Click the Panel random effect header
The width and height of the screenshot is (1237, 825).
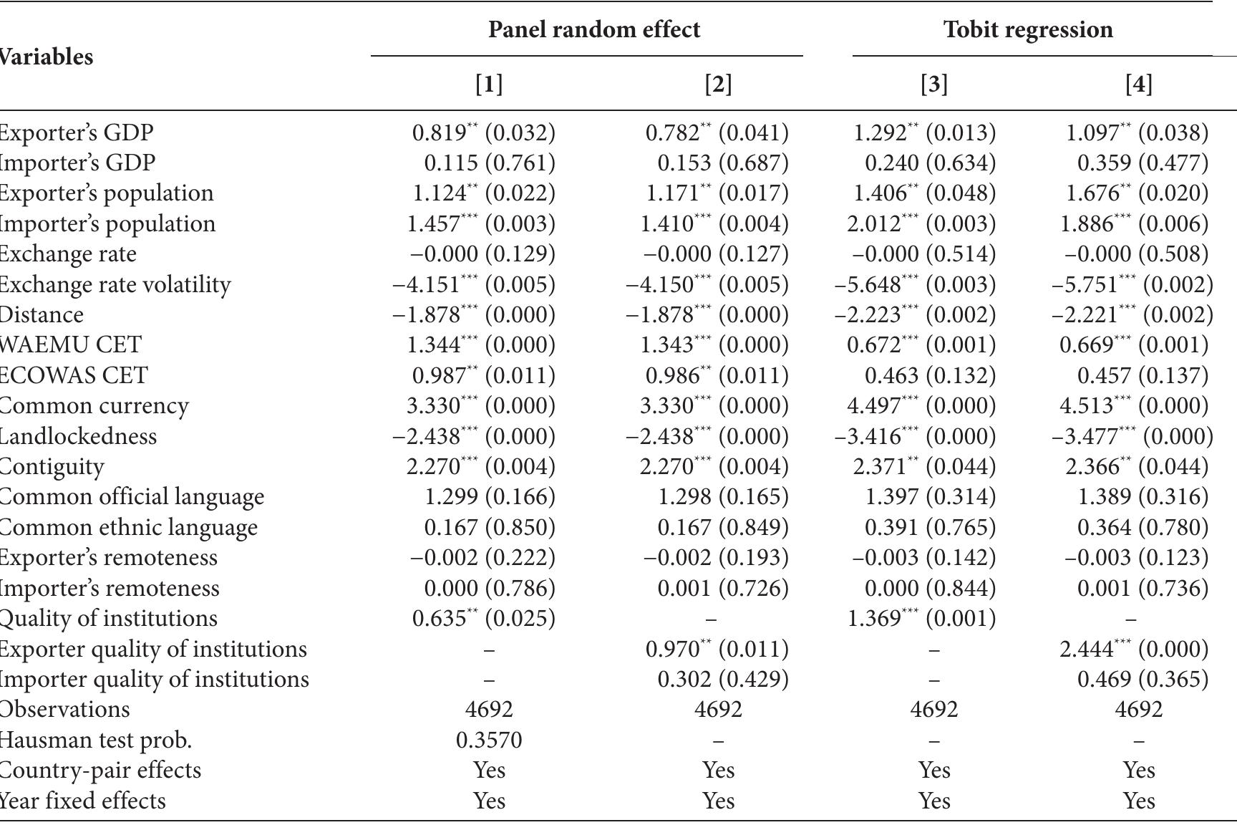[593, 29]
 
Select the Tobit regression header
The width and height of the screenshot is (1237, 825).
[1027, 29]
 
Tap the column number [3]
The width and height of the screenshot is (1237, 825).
[933, 85]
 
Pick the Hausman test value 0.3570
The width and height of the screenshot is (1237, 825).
[489, 740]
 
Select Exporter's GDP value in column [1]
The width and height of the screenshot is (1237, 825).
[483, 132]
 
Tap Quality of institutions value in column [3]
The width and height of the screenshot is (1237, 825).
[921, 618]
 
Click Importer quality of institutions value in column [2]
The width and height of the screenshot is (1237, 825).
[722, 679]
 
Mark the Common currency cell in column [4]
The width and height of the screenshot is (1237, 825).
[1134, 405]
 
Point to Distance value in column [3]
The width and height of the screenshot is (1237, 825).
[915, 314]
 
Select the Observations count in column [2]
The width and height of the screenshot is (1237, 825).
[718, 709]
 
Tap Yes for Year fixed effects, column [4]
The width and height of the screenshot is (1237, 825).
[1138, 800]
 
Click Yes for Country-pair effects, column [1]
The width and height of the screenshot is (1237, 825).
[489, 770]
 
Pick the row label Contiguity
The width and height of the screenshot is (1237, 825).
[51, 466]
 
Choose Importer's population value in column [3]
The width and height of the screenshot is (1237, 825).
[921, 223]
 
